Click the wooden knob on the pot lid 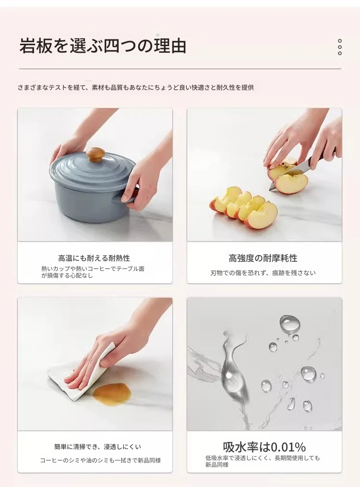pos(95,154)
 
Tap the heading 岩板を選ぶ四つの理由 pos(103,46)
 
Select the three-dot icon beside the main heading pos(340,47)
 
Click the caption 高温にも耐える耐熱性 pos(94,258)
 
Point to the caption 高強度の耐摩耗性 pos(263,258)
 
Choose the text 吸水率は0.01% pos(264,447)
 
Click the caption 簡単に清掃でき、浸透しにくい pos(97,447)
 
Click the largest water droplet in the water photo pos(290,324)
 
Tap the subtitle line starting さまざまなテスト pos(136,87)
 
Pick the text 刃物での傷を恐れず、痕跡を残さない pos(263,273)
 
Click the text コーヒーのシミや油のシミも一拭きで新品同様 pos(100,460)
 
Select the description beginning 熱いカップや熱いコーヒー pos(93,272)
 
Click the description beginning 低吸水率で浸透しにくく pos(263,461)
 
